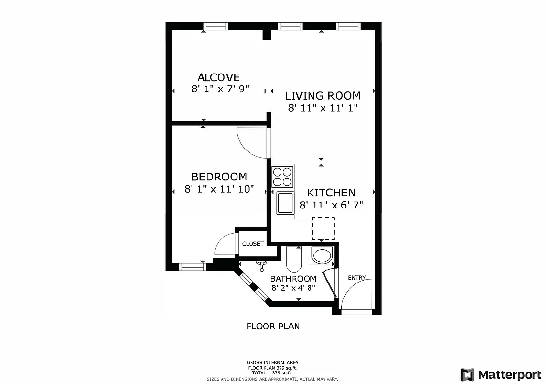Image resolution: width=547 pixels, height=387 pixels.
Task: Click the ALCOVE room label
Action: (219, 77)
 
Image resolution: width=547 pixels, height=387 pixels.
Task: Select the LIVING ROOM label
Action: (323, 96)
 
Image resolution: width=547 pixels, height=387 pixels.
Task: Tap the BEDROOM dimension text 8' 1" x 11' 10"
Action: (219, 189)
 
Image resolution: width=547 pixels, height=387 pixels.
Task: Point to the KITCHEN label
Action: (331, 193)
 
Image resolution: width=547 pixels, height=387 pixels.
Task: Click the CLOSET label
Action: (253, 244)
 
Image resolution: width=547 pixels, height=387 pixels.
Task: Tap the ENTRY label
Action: (357, 278)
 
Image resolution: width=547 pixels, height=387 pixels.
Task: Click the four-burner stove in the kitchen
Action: (282, 177)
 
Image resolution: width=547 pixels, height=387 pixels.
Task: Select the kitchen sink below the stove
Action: (284, 203)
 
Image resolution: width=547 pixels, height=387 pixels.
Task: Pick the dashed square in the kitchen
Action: (323, 229)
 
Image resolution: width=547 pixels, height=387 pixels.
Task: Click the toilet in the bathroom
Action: (294, 260)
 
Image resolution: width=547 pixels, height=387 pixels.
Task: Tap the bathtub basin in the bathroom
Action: (321, 255)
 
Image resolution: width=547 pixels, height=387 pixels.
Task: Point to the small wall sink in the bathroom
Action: (262, 264)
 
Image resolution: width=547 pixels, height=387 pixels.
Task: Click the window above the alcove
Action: (215, 26)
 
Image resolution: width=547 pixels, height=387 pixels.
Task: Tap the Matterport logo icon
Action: (467, 375)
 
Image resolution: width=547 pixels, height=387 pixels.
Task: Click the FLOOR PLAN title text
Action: (273, 326)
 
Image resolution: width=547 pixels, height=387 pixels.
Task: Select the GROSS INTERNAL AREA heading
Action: (273, 362)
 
